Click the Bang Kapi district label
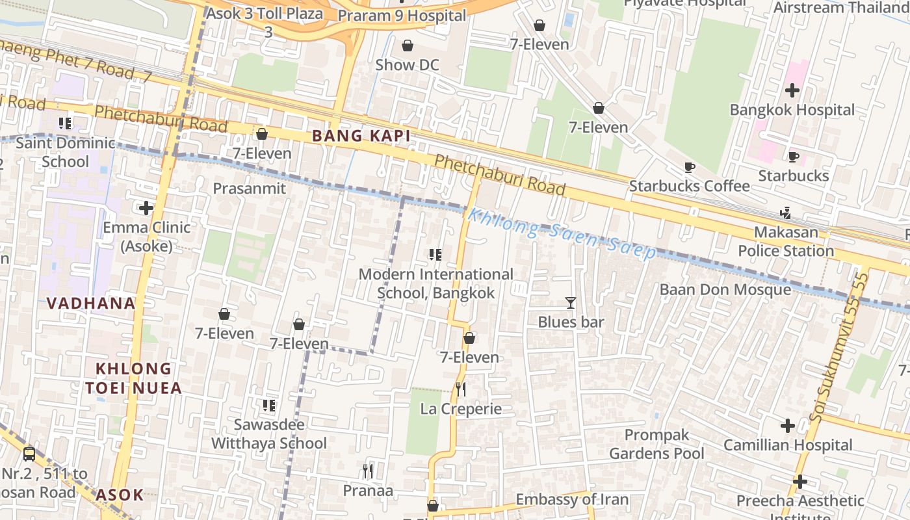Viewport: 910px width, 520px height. (361, 136)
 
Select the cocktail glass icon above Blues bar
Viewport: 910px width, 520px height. (571, 302)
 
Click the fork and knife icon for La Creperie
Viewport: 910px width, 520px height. (461, 389)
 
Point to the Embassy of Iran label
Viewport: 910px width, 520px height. (572, 499)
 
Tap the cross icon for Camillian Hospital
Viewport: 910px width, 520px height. (788, 426)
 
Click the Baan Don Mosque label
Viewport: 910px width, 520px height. (725, 289)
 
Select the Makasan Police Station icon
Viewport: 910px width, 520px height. (786, 213)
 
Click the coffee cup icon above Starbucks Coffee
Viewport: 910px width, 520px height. (690, 167)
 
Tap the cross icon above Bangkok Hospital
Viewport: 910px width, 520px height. (792, 90)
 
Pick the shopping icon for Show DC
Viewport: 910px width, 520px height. (408, 45)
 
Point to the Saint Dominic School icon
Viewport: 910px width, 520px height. (64, 123)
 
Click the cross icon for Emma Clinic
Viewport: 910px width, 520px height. (146, 208)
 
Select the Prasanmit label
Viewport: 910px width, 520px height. (250, 188)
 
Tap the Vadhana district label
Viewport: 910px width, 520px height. (91, 303)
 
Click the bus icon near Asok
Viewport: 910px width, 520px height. (29, 454)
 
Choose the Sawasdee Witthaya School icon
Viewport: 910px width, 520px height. (269, 406)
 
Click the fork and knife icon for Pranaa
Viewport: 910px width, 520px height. (368, 471)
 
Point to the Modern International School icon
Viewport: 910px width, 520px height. (435, 255)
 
